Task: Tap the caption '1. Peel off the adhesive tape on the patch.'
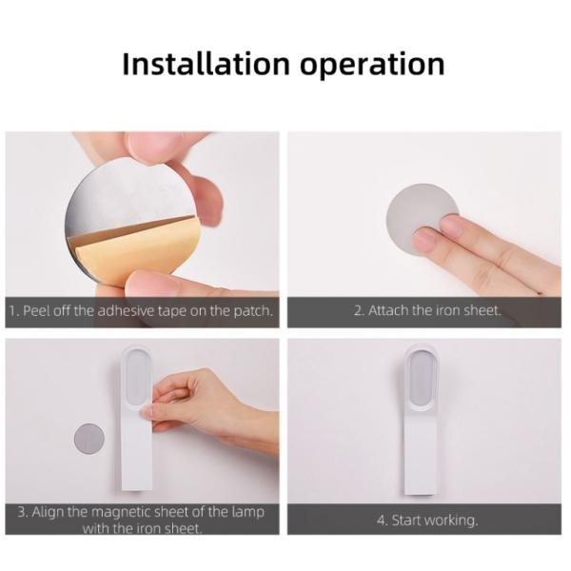[x=143, y=311]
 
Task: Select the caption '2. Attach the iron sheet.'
[x=427, y=311]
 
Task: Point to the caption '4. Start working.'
[x=427, y=520]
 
